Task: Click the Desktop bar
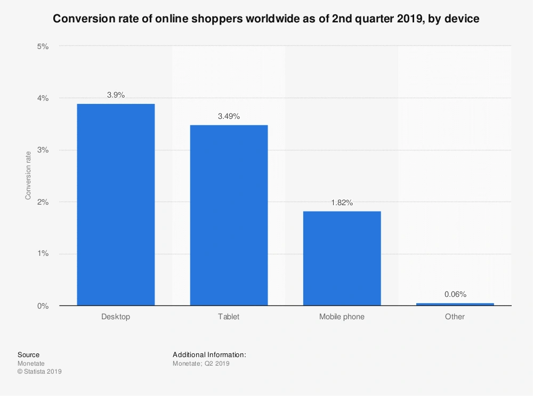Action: tap(116, 205)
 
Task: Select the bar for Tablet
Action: tap(229, 215)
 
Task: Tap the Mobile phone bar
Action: tap(342, 258)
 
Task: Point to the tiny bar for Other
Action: tap(455, 304)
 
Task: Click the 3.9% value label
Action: tap(116, 95)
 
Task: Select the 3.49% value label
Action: tap(229, 116)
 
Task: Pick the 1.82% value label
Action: tap(342, 203)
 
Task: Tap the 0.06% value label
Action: tap(455, 294)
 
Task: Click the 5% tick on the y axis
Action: tap(43, 46)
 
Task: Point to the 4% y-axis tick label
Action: tap(43, 98)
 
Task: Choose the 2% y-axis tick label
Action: tap(43, 202)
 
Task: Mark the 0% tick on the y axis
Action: tap(43, 306)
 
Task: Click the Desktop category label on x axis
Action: tap(116, 317)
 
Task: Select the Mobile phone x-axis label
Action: tap(342, 317)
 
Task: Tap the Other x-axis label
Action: tap(455, 317)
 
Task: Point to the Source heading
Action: tap(28, 355)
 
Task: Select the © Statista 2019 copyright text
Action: tap(39, 372)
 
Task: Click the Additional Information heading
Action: tap(209, 355)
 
